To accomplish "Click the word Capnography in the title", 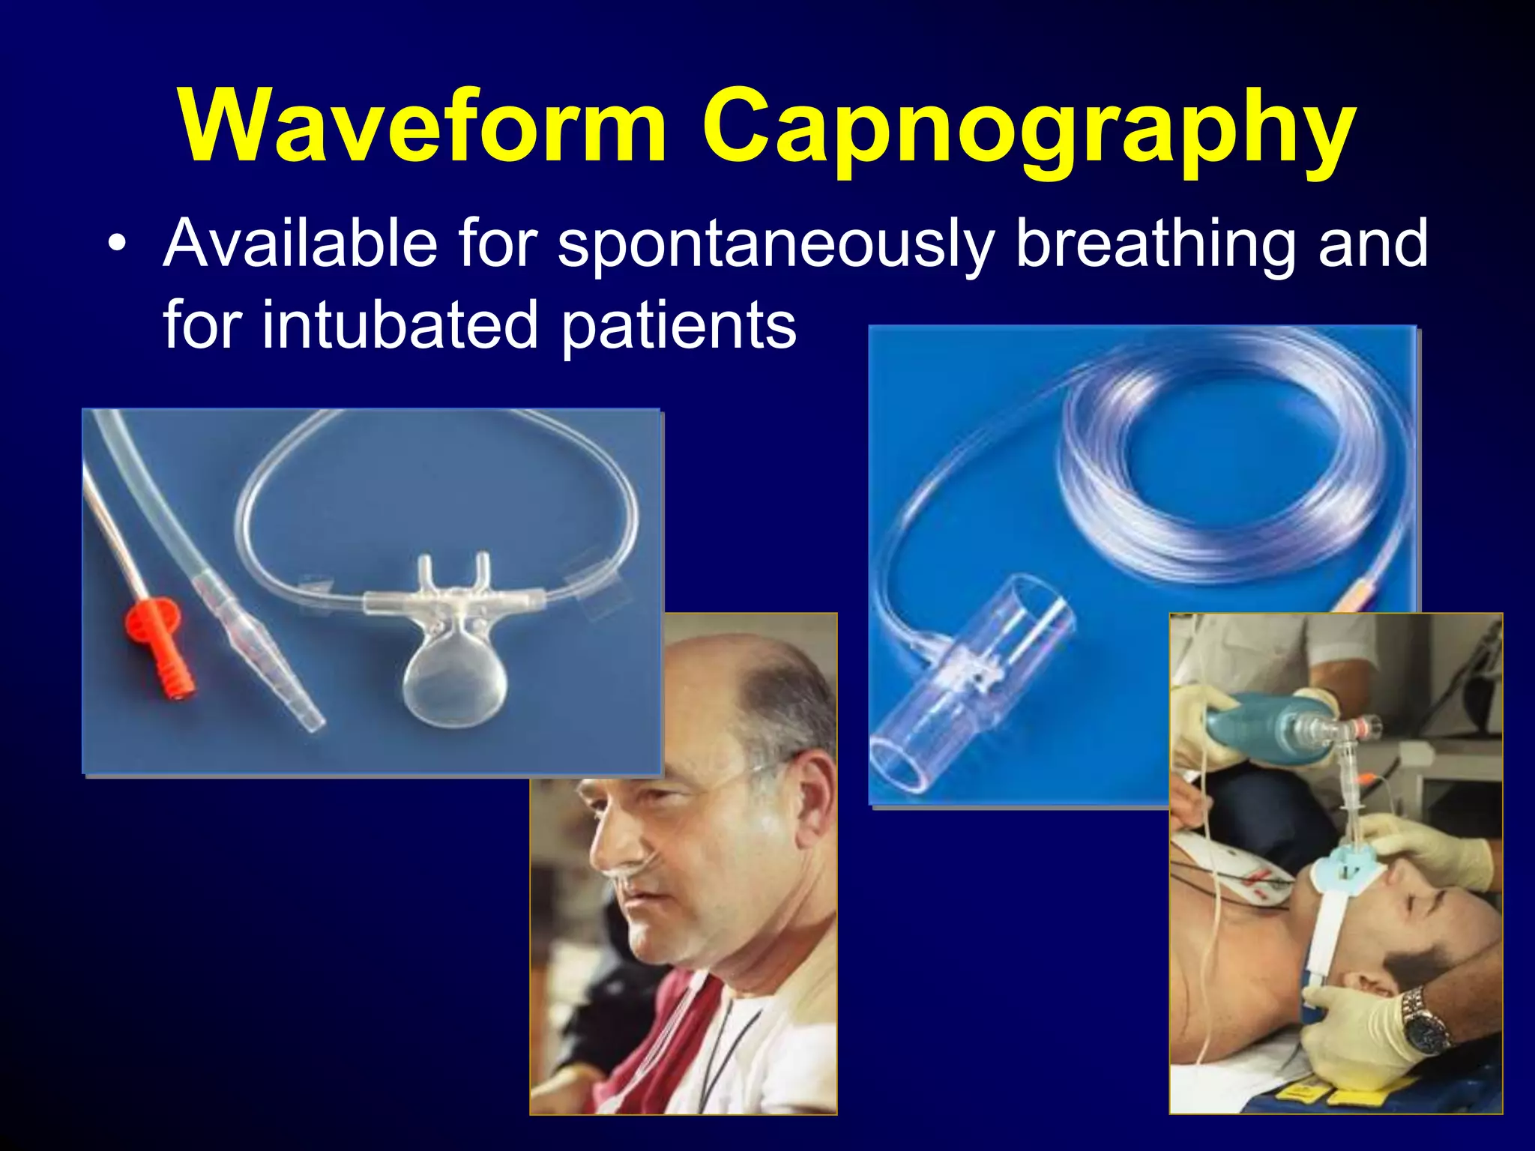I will [x=1028, y=131].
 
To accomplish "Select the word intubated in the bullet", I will [x=400, y=325].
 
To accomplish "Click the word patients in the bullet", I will [x=678, y=327].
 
